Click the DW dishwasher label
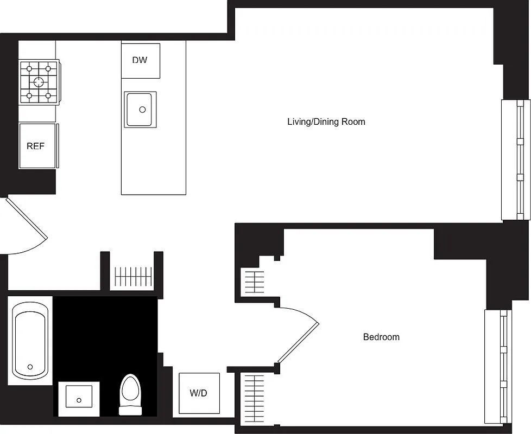coord(140,60)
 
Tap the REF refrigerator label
coord(35,146)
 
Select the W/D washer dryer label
coord(198,393)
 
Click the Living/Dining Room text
coord(326,122)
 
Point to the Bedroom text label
coord(381,337)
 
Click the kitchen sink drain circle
coord(142,110)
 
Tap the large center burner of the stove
coord(39,82)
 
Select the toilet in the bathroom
coord(130,394)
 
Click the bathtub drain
coord(30,367)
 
